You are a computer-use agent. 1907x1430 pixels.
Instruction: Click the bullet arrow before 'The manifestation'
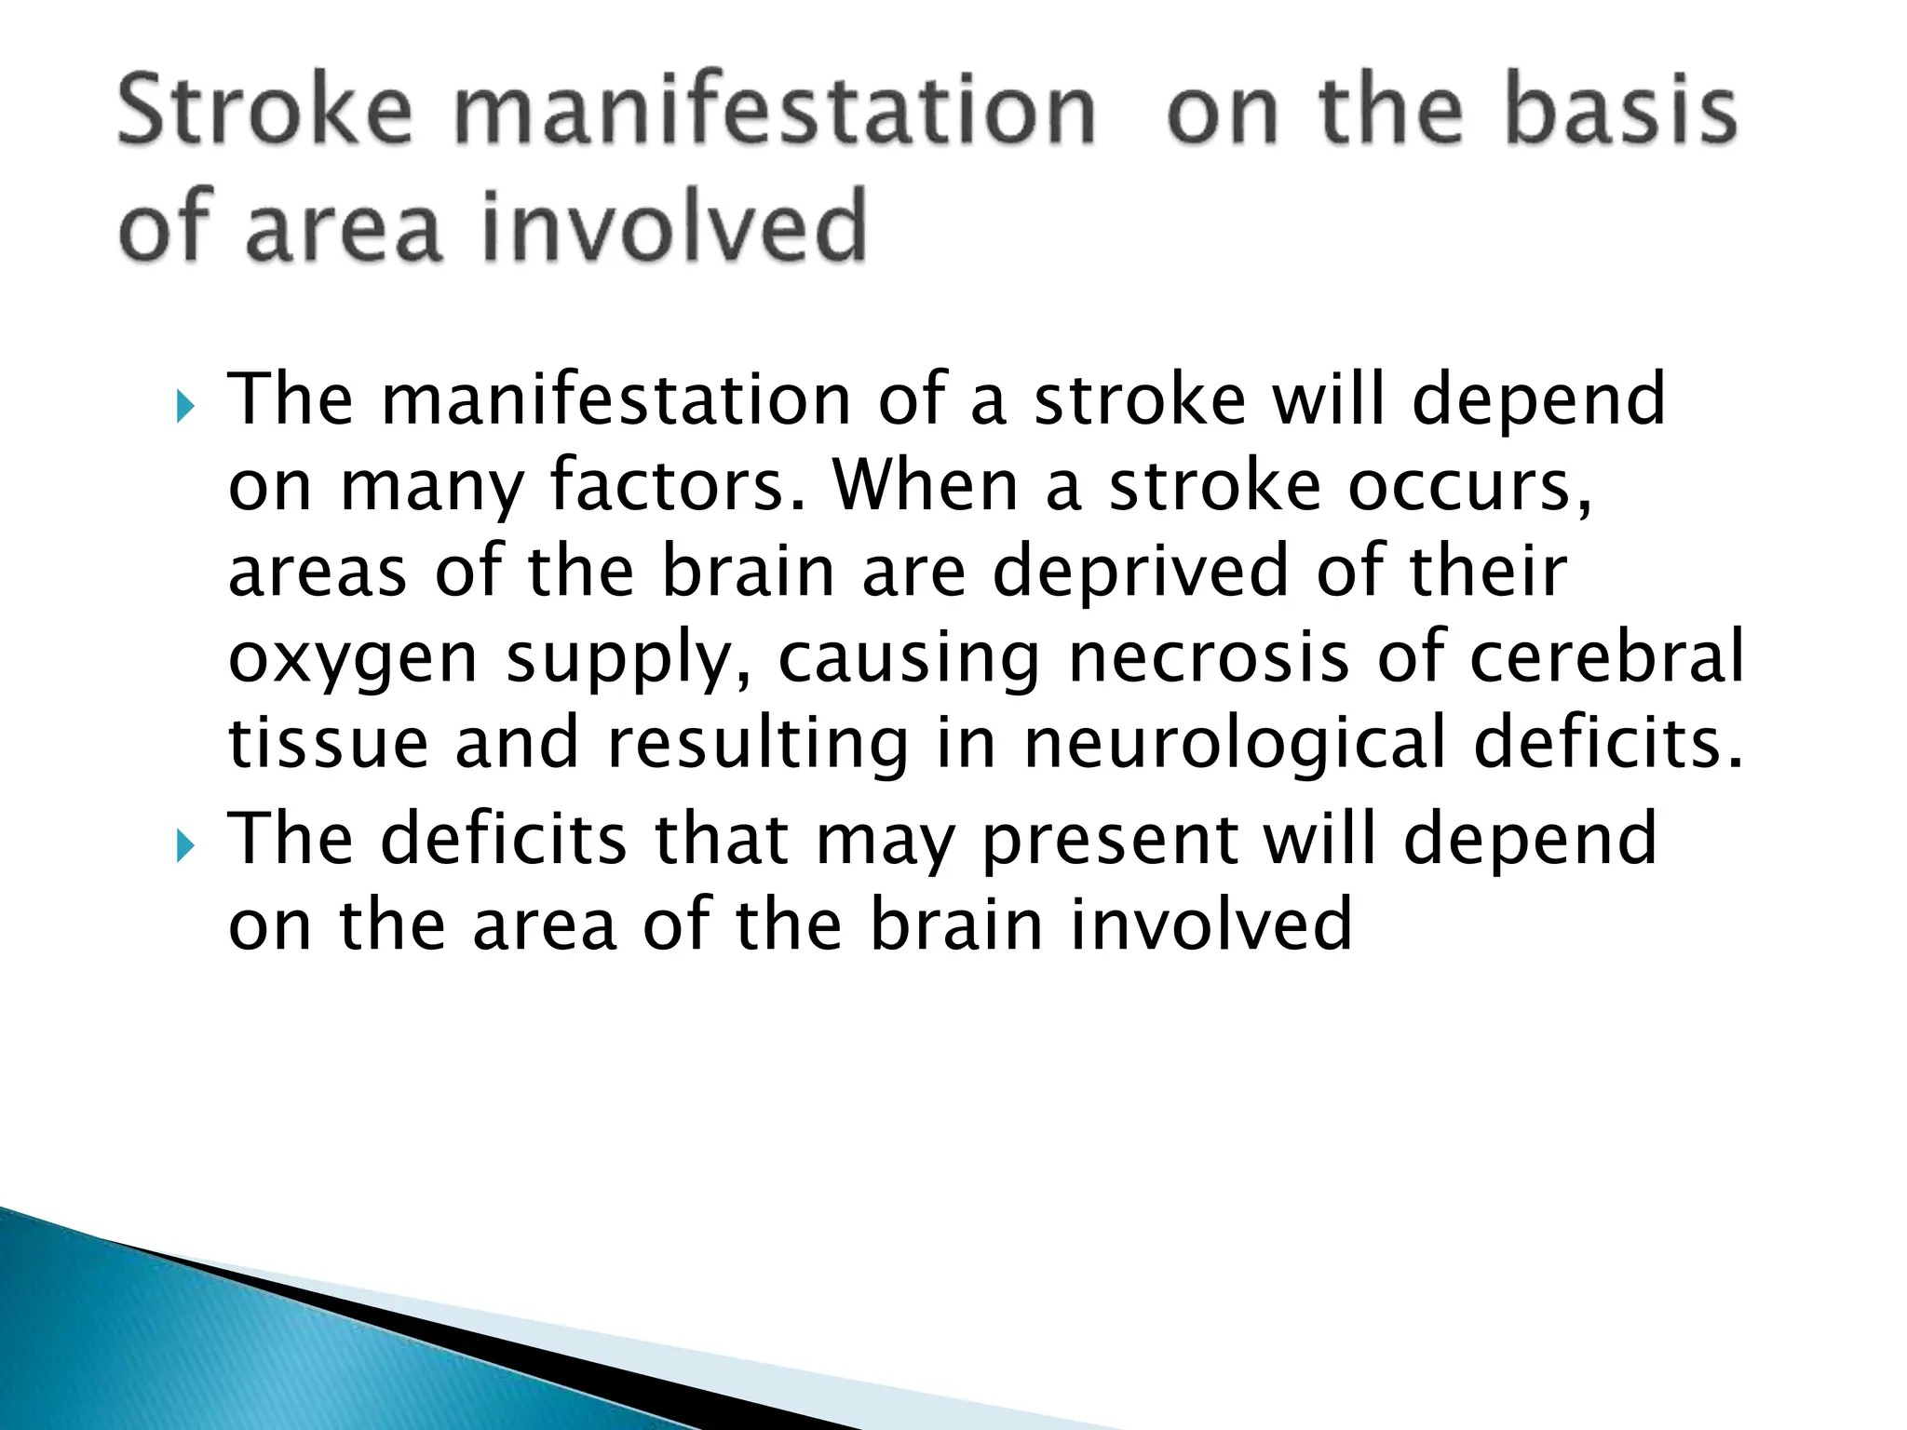click(183, 407)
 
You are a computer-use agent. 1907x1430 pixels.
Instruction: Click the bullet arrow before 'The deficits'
click(183, 846)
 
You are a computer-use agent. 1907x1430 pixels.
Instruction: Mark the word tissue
click(328, 743)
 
